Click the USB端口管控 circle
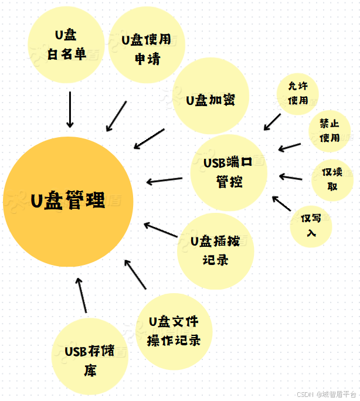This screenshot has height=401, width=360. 229,172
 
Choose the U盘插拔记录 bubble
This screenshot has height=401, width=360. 215,251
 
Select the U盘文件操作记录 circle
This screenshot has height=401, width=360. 174,330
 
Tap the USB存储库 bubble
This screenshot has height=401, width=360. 89,357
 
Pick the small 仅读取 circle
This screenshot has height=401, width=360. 332,179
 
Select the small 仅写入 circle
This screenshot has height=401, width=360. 311,225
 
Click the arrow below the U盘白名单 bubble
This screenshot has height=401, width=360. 70,109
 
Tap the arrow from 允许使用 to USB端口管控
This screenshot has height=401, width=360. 272,122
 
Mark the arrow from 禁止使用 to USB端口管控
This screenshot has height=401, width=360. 290,146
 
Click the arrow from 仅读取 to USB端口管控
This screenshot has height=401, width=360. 291,176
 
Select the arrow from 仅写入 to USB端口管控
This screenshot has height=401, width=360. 282,203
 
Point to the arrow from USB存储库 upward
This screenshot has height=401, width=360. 82,295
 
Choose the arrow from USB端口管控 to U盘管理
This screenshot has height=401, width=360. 164,180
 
